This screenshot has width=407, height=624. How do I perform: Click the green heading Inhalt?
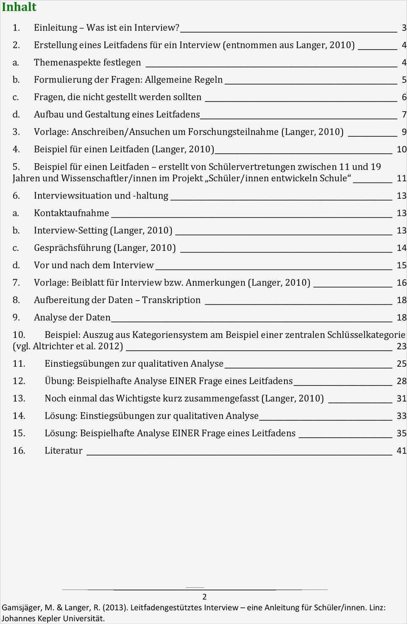point(19,7)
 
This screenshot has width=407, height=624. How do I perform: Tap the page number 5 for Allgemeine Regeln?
point(404,80)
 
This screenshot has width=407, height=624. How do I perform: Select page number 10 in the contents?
point(401,149)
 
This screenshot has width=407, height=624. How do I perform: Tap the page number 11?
point(401,178)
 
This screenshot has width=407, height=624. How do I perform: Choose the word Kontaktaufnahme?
point(71,213)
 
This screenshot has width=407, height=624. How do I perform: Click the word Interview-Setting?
point(71,230)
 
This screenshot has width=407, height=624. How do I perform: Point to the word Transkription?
point(171,300)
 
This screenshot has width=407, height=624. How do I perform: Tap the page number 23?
point(401,346)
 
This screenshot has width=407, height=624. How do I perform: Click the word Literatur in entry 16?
point(64,451)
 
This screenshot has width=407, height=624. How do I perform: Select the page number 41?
point(401,451)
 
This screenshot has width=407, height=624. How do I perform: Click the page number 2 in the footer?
point(204,596)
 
